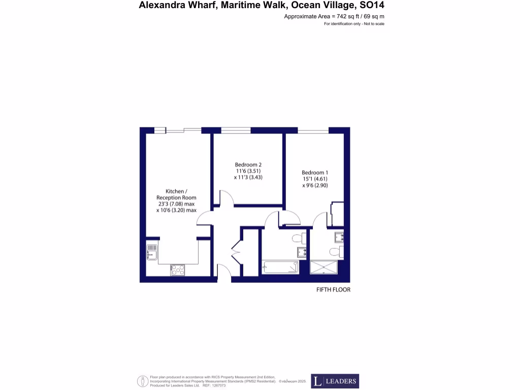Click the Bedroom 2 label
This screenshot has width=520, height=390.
248,165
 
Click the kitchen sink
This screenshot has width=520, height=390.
151,251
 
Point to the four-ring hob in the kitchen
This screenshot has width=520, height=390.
178,270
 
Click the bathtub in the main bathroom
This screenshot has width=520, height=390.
281,267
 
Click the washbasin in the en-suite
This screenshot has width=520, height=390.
339,236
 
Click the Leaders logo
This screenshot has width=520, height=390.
335,381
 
